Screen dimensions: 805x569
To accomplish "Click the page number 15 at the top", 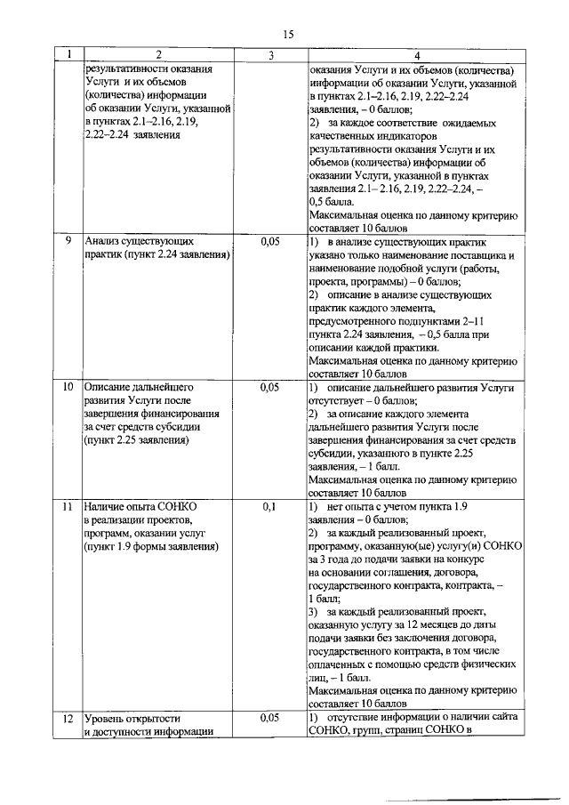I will pos(288,34).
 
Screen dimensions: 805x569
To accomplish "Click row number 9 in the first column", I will pos(68,241).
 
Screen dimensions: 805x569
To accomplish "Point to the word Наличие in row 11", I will pos(108,506).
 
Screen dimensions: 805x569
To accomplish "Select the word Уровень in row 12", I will pos(108,718).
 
